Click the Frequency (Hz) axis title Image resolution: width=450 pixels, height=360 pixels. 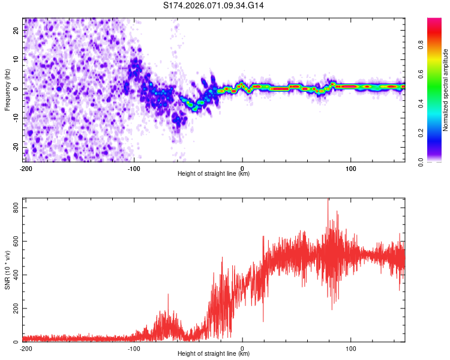pyautogui.click(x=7, y=89)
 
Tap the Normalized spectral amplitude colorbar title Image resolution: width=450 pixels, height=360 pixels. pyautogui.click(x=446, y=90)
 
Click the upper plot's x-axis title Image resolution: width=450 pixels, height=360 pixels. pyautogui.click(x=214, y=174)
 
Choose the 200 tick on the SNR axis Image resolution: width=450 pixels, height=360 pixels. pyautogui.click(x=14, y=308)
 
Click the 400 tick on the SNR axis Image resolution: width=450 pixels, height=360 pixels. pyautogui.click(x=14, y=275)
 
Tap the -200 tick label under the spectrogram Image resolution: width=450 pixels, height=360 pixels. pyautogui.click(x=26, y=168)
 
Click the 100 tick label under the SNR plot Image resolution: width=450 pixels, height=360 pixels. pyautogui.click(x=350, y=348)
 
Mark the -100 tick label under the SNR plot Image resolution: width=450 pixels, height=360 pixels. pyautogui.click(x=134, y=348)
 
